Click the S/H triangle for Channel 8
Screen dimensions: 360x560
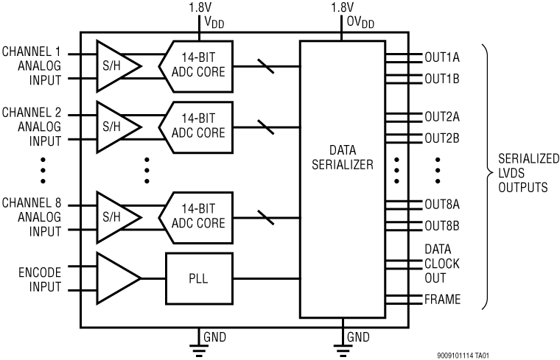(x=116, y=217)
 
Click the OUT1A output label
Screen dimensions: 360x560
(x=442, y=57)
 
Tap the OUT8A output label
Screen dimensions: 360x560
(x=442, y=205)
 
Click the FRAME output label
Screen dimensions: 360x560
(x=442, y=300)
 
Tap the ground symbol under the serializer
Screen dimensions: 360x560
(x=343, y=345)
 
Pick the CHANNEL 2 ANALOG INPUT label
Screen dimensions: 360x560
(x=32, y=126)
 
